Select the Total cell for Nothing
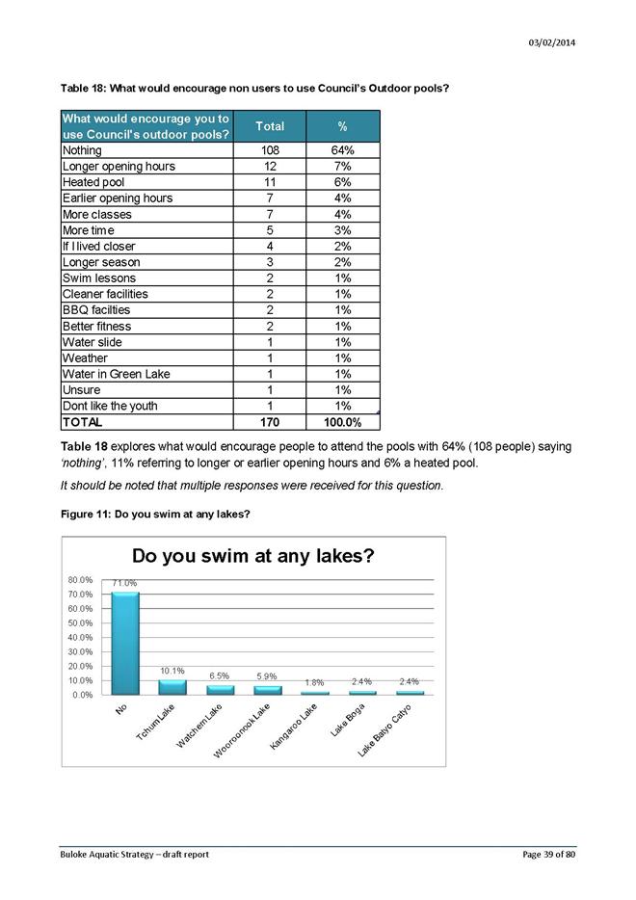tap(270, 150)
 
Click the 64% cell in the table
tap(343, 150)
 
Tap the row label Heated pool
tap(93, 182)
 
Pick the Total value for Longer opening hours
tap(270, 167)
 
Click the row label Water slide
tap(92, 342)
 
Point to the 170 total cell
tap(270, 422)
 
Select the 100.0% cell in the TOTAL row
tap(343, 422)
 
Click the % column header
tap(343, 126)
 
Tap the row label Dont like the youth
tap(109, 406)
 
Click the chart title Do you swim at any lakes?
tap(252, 556)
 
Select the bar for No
tap(124, 643)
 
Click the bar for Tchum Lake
tap(172, 687)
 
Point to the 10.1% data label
tap(172, 670)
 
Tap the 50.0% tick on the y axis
tap(80, 623)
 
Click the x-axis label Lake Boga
tap(347, 721)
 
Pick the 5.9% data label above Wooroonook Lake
tap(267, 675)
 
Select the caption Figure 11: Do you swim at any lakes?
tap(155, 514)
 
